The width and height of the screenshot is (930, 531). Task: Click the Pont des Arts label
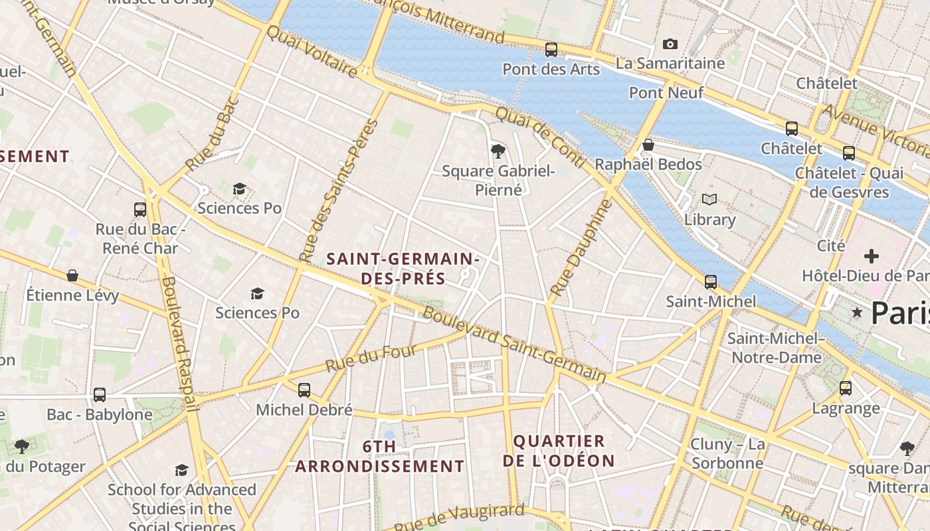point(551,69)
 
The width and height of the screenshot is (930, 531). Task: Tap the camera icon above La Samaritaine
point(670,44)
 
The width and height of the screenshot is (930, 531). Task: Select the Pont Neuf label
point(666,93)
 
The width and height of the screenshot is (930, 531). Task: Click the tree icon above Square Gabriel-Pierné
point(498,151)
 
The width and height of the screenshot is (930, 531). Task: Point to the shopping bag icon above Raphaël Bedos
point(648,145)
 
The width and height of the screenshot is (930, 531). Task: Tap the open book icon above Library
point(709,199)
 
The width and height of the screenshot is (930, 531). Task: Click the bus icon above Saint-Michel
point(711,281)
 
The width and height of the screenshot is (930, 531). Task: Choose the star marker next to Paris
point(857,312)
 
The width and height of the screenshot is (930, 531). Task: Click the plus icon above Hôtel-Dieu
point(871,256)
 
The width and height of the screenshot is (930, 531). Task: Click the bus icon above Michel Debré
point(304,390)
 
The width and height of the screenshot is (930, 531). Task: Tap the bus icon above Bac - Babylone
point(100,395)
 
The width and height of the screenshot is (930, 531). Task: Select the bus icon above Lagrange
point(845,388)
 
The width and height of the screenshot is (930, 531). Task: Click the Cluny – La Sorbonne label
point(727,453)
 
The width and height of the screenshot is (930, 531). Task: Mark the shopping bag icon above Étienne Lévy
point(72,275)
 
